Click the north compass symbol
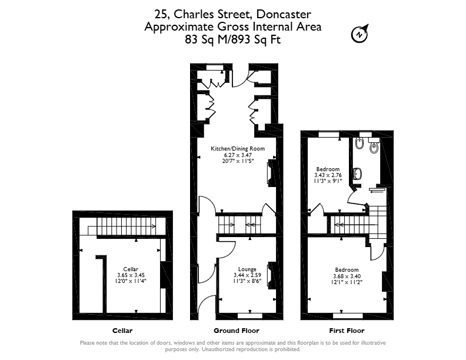coord(360,34)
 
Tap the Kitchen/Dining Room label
coord(238,148)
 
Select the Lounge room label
coord(247,269)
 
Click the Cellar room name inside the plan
coord(131,269)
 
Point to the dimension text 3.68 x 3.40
coord(347,276)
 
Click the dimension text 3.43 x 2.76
coord(328,175)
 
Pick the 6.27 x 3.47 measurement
coord(238,155)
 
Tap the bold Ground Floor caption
coord(237,331)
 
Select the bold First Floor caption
coord(347,331)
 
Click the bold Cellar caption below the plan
coord(122,331)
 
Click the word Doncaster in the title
coord(284,14)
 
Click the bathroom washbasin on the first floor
coord(358,174)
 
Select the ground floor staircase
coord(239,225)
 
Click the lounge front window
coord(250,315)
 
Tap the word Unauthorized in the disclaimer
coord(218,349)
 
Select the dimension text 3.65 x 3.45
coord(131,275)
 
